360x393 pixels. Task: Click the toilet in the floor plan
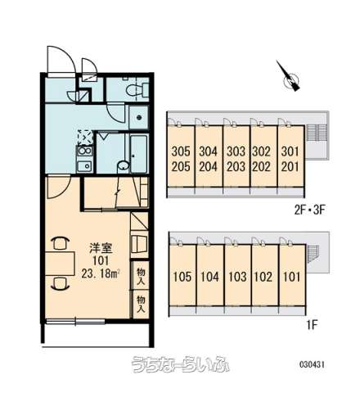pyautogui.click(x=137, y=89)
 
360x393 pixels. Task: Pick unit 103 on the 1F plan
pyautogui.click(x=237, y=276)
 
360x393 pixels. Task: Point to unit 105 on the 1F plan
pyautogui.click(x=182, y=276)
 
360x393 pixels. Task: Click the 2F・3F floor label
pyautogui.click(x=309, y=210)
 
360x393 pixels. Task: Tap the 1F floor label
pyautogui.click(x=312, y=325)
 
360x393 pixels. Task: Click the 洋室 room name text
pyautogui.click(x=101, y=249)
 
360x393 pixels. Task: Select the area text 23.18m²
pyautogui.click(x=101, y=273)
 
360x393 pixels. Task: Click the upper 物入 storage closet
pyautogui.click(x=141, y=276)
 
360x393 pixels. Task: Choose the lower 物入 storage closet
pyautogui.click(x=141, y=304)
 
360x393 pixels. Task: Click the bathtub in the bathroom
pyautogui.click(x=139, y=154)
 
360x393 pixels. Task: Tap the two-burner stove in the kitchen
pyautogui.click(x=84, y=151)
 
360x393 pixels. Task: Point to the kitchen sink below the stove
pyautogui.click(x=84, y=165)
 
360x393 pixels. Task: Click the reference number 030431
pyautogui.click(x=312, y=364)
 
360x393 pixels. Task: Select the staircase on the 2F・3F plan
pyautogui.click(x=316, y=133)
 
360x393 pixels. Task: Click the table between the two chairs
pyautogui.click(x=60, y=264)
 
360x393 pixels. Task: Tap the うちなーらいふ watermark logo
pyautogui.click(x=180, y=364)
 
